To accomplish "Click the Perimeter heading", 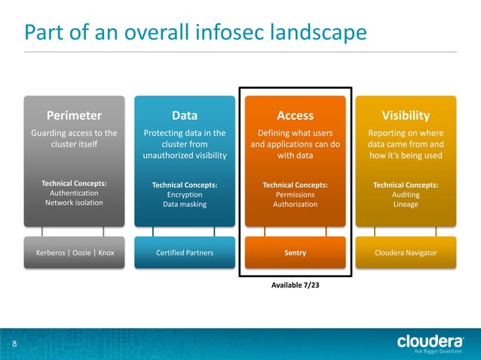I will pos(75,115).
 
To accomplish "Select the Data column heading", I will pos(185,115).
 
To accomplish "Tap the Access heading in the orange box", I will pos(296,115).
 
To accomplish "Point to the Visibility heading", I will pos(406,115).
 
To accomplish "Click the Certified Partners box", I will pos(185,253).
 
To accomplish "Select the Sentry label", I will pos(296,253).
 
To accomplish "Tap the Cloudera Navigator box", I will pos(406,253).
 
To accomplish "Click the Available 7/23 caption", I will pos(296,285).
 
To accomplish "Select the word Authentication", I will pos(74,193).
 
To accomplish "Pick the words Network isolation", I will pos(74,203).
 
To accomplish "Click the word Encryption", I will pos(185,194).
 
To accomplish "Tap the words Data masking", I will pos(185,204).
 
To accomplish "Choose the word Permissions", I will pos(296,194).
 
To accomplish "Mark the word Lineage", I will pos(406,204).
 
